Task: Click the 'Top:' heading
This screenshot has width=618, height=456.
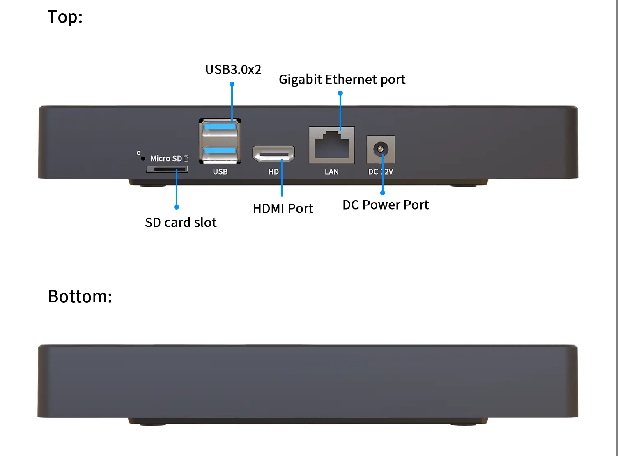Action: (x=65, y=17)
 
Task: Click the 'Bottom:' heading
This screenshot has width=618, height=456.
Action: (x=80, y=296)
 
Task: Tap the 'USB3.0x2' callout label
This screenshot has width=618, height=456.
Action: (x=233, y=70)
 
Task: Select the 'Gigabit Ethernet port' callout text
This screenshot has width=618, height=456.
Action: (x=342, y=79)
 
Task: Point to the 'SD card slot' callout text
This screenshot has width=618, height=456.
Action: (x=181, y=222)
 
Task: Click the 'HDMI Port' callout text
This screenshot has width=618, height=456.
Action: (x=283, y=209)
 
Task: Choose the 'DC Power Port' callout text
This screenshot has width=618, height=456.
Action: (x=386, y=205)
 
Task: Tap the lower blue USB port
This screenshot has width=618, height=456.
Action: (x=220, y=151)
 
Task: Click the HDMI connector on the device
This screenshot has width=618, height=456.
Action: (x=273, y=154)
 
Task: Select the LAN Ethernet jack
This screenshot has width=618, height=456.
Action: (x=332, y=145)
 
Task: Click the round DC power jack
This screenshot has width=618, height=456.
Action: (x=381, y=149)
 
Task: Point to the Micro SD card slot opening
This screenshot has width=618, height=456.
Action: (x=167, y=169)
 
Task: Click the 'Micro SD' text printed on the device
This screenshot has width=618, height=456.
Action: (x=166, y=159)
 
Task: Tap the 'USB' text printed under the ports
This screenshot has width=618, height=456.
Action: (x=220, y=172)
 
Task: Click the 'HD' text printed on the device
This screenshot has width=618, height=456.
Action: (x=273, y=172)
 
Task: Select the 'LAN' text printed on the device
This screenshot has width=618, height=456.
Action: (x=332, y=172)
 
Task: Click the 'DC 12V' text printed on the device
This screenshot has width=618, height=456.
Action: (x=381, y=172)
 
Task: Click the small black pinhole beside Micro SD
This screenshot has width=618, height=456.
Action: (x=143, y=159)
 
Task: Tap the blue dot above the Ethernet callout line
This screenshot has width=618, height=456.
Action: (x=340, y=93)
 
